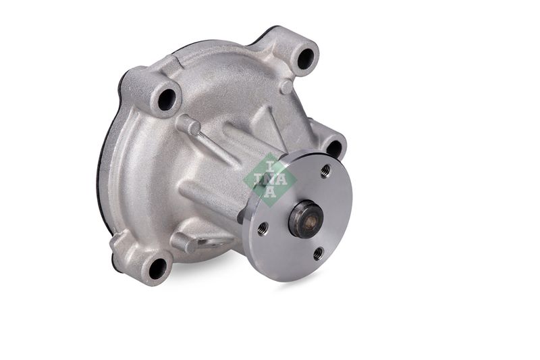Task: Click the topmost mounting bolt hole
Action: click(x=306, y=59)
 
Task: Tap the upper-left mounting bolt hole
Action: click(x=167, y=99)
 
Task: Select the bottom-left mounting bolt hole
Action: click(x=157, y=269)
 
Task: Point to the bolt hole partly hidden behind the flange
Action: click(x=333, y=148)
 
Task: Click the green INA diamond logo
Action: click(x=270, y=180)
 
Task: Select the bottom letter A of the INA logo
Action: click(x=270, y=192)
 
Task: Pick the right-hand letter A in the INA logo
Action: click(x=280, y=180)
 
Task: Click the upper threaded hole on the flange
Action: click(x=325, y=170)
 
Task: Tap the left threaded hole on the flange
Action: click(x=263, y=227)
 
